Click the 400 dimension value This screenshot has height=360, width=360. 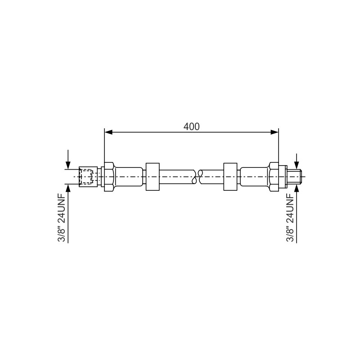(192, 126)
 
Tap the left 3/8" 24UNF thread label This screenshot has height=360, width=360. (62, 218)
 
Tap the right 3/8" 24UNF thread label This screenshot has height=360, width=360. (290, 218)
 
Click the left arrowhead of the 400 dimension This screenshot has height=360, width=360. (108, 132)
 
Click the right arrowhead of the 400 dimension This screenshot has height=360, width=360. (274, 132)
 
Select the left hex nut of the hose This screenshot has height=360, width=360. (109, 176)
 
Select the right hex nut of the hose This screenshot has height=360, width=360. (274, 176)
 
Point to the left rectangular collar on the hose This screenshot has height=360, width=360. (153, 176)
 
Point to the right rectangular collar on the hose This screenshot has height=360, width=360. (230, 176)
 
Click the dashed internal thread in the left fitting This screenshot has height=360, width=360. (86, 176)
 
